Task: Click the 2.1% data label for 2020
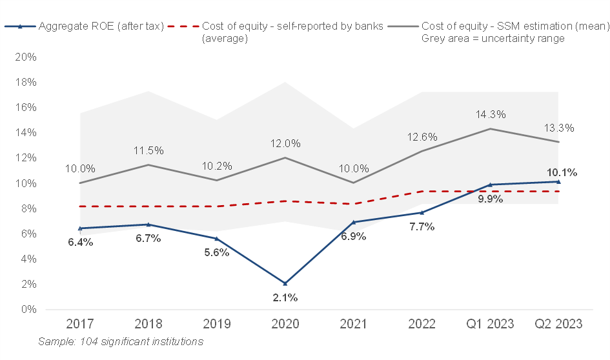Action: [x=285, y=297]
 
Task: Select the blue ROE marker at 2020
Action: [x=285, y=283]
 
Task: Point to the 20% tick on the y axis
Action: [x=25, y=57]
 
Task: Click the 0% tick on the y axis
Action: [x=28, y=310]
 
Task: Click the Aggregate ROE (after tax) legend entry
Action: [x=101, y=26]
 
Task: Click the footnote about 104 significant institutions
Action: [x=121, y=341]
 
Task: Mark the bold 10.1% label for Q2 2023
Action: [x=562, y=172]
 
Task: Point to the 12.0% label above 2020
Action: [x=285, y=144]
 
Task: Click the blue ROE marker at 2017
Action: [x=80, y=228]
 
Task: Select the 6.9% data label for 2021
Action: [x=352, y=236]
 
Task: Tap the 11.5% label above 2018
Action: [x=148, y=151]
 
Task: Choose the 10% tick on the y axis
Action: [x=25, y=183]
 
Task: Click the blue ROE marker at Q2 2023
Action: [x=558, y=182]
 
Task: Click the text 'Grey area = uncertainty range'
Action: [x=493, y=39]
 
